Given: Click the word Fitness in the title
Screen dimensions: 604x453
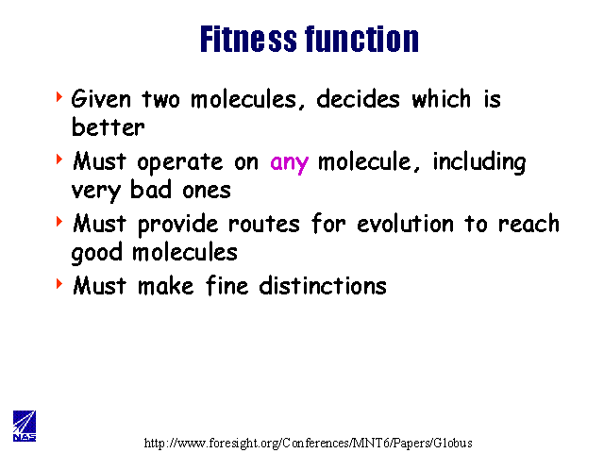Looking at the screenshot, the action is coord(248,39).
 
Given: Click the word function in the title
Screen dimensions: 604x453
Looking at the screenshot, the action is coord(362,39).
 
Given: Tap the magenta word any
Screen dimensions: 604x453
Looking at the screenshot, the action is coord(290,163).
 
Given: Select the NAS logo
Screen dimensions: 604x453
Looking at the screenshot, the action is coord(25,426).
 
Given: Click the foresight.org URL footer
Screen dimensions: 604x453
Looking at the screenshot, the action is coord(309,443).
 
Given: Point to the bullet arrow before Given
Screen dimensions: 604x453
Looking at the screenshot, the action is coord(59,96).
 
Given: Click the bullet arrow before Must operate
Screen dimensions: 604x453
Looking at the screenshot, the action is coord(59,159).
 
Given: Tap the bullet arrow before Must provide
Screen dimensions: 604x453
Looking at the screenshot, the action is coord(59,222).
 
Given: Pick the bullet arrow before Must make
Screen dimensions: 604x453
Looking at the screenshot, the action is coord(59,284).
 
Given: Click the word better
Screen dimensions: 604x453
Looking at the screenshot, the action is coord(109,127).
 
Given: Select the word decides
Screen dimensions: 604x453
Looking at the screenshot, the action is coord(358,98).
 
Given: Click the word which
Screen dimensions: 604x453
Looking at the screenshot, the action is coord(442,98).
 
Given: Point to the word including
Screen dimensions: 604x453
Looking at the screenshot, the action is coord(479,162).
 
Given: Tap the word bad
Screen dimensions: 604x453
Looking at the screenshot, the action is coord(151,190).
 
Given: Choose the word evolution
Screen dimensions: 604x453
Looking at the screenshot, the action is coord(405,224).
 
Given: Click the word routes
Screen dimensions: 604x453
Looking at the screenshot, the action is coord(264,225).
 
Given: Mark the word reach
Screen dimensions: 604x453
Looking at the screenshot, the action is coord(528,224).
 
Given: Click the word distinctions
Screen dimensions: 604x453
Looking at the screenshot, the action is coord(323,286).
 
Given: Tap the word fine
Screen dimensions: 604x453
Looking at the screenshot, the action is coord(227,286).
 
